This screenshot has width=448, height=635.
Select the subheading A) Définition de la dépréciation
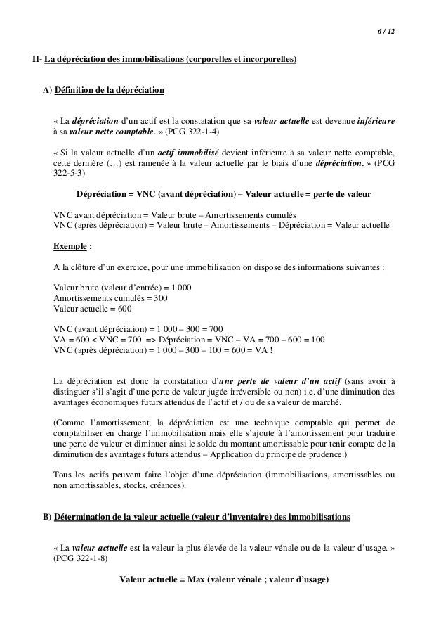tap(103, 91)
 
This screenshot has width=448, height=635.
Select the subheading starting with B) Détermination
tap(196, 518)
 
